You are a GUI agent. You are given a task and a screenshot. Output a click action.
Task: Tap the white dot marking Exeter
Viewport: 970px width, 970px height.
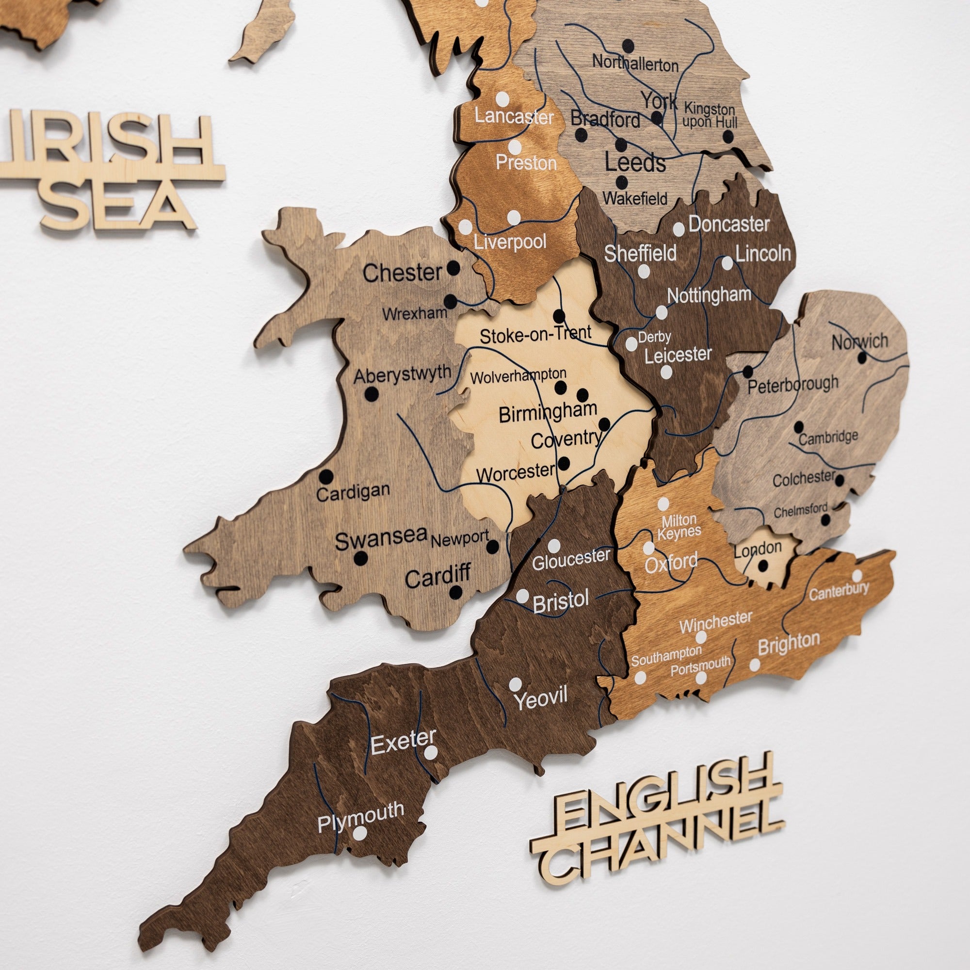pos(430,753)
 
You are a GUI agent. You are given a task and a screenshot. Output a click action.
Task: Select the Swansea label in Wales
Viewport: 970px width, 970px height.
pos(381,539)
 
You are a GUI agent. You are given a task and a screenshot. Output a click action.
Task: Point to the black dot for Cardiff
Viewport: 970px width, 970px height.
pos(455,593)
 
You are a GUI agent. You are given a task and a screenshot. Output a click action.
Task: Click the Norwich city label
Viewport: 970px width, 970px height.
pos(859,342)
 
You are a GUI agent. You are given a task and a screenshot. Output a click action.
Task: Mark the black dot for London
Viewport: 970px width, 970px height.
pos(762,566)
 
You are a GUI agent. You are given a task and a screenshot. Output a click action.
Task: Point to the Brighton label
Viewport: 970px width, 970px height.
pos(789,643)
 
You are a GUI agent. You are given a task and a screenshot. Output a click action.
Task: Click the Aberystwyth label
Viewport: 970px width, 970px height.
pos(402,374)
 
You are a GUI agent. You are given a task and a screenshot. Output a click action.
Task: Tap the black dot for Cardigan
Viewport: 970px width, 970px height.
pos(326,475)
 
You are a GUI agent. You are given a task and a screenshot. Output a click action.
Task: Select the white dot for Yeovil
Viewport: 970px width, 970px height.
pos(516,684)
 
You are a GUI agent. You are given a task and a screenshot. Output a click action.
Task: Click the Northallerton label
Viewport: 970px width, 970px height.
pos(634,64)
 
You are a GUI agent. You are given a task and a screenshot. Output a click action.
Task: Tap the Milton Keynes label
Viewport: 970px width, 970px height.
pos(679,526)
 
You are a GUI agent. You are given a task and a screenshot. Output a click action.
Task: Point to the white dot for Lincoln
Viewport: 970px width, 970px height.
pos(727,262)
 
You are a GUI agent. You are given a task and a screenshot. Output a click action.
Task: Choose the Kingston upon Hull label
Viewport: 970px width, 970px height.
pos(710,115)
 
